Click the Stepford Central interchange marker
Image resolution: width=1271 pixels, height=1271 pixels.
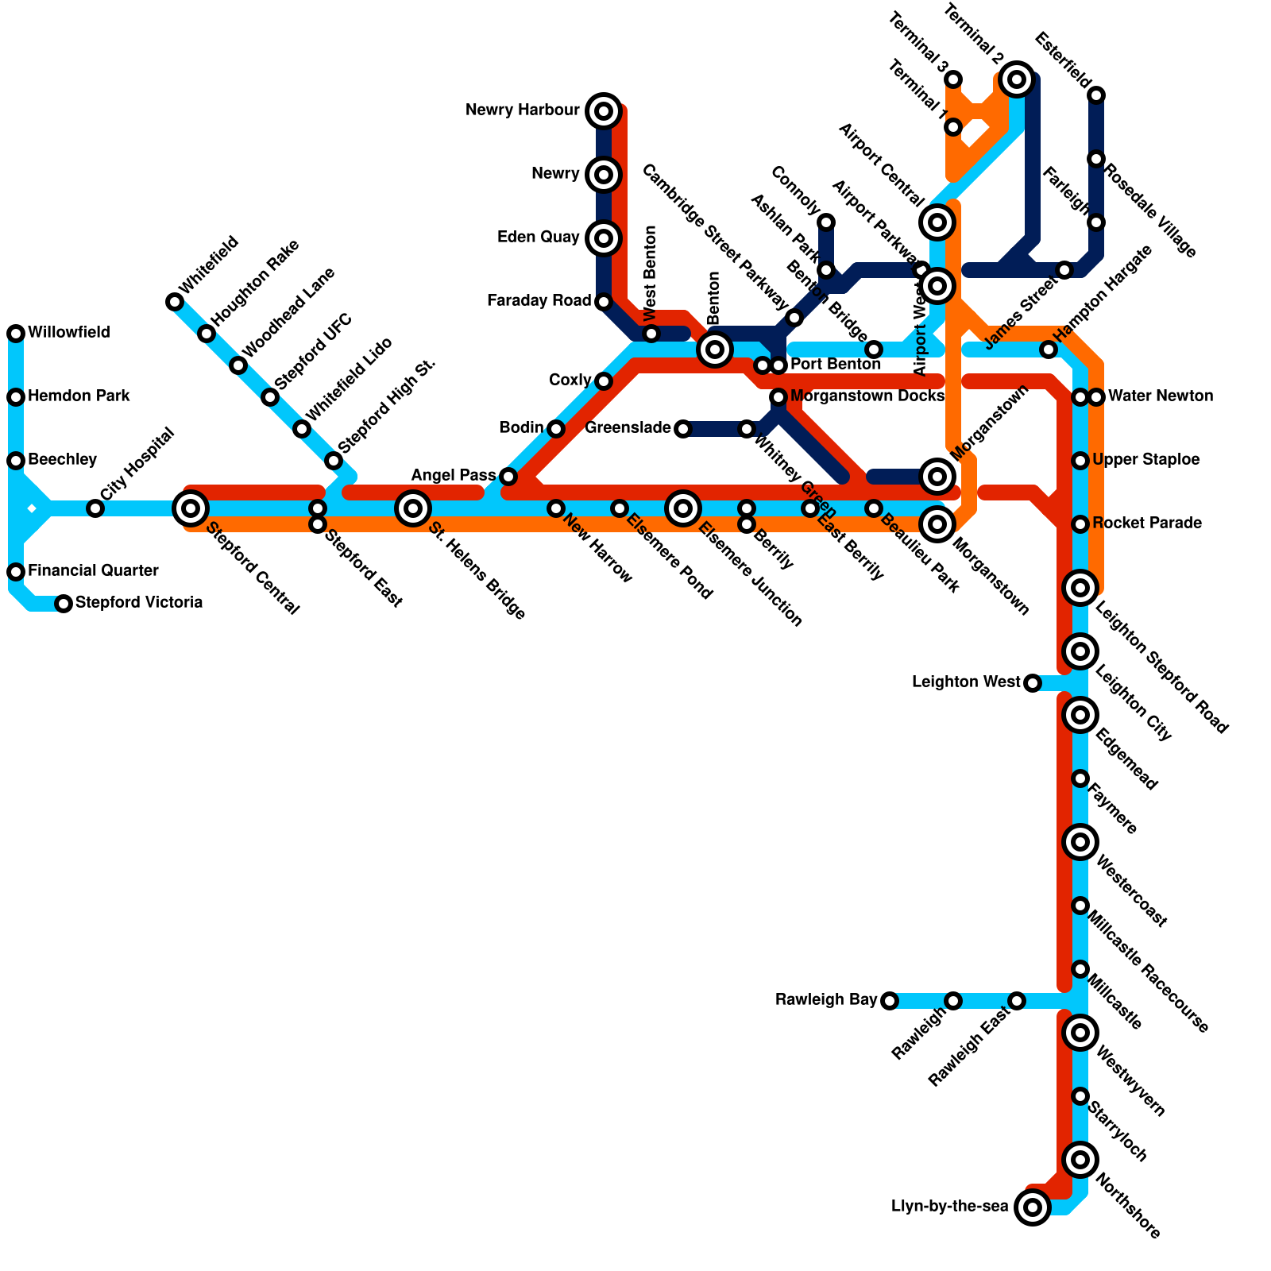191,508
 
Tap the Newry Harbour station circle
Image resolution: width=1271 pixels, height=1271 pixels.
604,110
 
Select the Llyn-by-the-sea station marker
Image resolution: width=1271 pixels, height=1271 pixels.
1032,1207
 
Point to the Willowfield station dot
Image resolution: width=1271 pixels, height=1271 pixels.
16,334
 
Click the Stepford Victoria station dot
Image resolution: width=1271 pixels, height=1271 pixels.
64,604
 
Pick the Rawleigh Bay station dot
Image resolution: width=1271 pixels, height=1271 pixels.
890,1000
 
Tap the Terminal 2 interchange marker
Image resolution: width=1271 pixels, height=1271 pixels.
1017,79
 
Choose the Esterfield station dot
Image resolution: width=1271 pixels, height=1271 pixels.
1096,95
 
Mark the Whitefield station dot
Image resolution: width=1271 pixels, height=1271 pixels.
175,302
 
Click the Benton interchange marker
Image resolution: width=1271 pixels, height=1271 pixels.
715,349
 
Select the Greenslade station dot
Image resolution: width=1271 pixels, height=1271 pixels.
683,429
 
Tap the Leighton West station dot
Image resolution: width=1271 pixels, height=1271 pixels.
1032,682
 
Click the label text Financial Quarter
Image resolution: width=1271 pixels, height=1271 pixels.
93,571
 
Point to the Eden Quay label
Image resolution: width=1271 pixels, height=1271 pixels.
538,238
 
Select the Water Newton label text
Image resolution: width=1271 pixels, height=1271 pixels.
1161,396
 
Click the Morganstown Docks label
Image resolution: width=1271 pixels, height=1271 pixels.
867,396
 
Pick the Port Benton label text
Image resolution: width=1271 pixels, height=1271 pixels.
836,365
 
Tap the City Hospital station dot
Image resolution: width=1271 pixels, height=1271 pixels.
95,508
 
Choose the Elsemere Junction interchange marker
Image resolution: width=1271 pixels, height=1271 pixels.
683,508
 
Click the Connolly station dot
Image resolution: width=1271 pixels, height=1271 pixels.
826,222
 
